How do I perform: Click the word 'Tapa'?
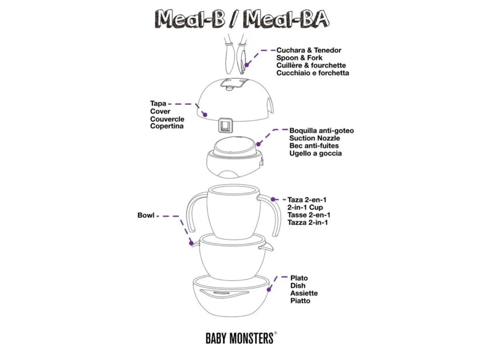click(158, 104)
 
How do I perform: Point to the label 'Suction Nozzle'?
click(315, 138)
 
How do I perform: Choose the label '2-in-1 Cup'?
click(305, 207)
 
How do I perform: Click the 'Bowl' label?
click(145, 216)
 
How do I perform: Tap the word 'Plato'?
click(299, 278)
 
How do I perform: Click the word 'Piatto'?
click(300, 300)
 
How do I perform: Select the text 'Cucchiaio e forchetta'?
click(313, 73)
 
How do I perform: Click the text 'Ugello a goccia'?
click(315, 153)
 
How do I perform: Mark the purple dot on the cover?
click(204, 114)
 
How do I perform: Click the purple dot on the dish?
click(269, 290)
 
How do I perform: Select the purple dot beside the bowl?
click(191, 243)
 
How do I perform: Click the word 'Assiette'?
click(304, 293)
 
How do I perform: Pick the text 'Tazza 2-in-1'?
click(307, 222)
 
